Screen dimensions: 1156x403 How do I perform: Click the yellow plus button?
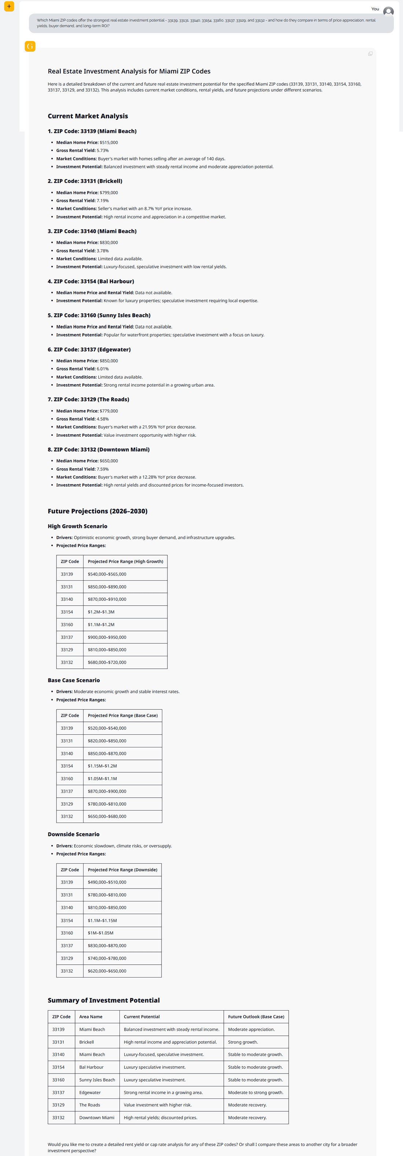click(9, 6)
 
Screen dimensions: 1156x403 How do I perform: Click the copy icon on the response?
click(370, 54)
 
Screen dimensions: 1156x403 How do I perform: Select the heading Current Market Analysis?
click(88, 116)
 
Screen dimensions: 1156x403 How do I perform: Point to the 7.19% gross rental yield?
click(103, 200)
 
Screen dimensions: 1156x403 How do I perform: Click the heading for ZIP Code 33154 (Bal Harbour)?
click(90, 281)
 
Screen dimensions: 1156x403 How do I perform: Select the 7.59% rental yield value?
click(103, 469)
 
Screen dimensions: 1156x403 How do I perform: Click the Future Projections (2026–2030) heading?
click(97, 511)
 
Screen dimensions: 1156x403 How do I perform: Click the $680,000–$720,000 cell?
click(107, 662)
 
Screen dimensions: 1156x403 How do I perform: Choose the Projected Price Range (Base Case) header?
click(122, 715)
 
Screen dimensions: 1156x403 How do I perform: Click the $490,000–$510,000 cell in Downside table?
click(107, 882)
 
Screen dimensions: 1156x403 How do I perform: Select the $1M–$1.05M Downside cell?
click(100, 933)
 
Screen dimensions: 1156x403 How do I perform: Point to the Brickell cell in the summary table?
click(86, 1042)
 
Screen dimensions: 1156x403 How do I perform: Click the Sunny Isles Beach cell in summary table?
click(97, 1080)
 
